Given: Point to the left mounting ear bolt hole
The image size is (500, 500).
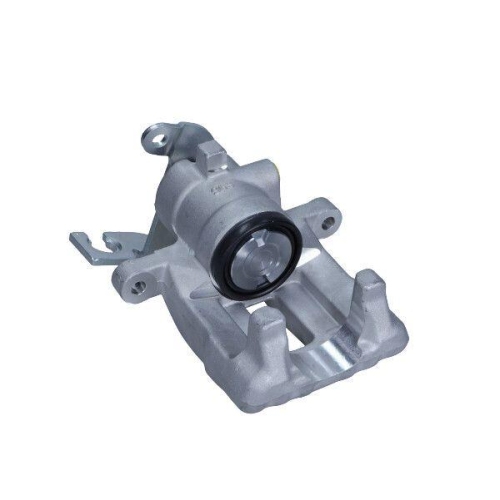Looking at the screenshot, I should (x=138, y=285).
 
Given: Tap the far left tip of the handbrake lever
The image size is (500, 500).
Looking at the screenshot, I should (x=73, y=238).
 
